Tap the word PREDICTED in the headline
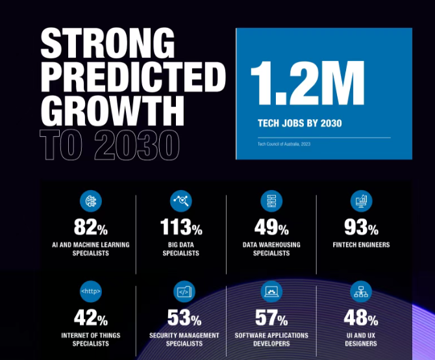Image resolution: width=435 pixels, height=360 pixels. pyautogui.click(x=133, y=79)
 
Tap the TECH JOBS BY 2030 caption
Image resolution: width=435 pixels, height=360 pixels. pyautogui.click(x=299, y=123)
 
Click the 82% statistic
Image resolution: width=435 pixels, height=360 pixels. pyautogui.click(x=90, y=228)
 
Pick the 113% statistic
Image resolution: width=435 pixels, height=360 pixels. pyautogui.click(x=180, y=228)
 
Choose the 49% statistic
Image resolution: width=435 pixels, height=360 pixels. pyautogui.click(x=271, y=228)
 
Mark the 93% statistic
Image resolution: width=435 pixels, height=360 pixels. pyautogui.click(x=361, y=228)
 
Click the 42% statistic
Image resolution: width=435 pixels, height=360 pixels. pyautogui.click(x=90, y=318)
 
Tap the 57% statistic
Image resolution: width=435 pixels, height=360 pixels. pyautogui.click(x=271, y=318)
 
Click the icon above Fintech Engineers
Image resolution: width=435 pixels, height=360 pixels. pyautogui.click(x=361, y=201)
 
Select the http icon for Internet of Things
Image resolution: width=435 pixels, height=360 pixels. pyautogui.click(x=90, y=292)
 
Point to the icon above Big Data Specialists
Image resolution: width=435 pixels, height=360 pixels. pyautogui.click(x=180, y=201)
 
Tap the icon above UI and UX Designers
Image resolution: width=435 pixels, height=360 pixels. pyautogui.click(x=361, y=292)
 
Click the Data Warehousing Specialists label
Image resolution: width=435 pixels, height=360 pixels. pyautogui.click(x=271, y=249)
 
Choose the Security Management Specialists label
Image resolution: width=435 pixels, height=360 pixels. pyautogui.click(x=180, y=339)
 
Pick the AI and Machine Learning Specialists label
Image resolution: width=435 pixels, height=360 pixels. pyautogui.click(x=90, y=249)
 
